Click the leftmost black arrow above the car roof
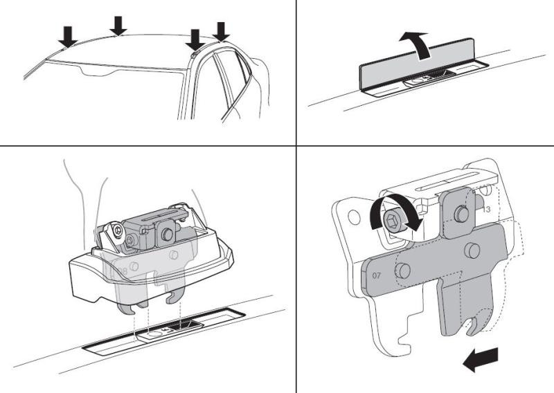pos(67,37)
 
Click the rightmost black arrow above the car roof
pos(221,31)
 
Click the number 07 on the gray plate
pos(377,275)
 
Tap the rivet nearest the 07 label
pos(403,268)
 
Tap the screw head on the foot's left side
pos(130,240)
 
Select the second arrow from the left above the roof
pos(119,25)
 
